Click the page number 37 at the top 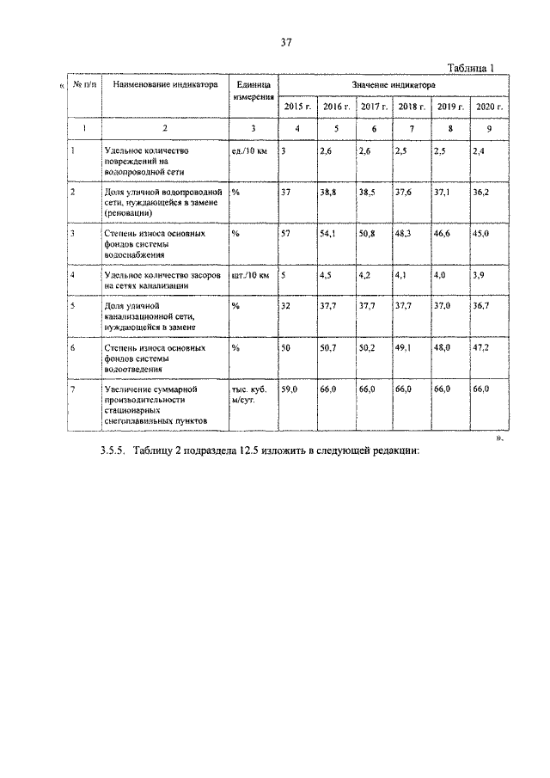(x=286, y=43)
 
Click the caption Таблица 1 (x=474, y=70)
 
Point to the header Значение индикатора (x=393, y=86)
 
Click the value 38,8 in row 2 (x=327, y=193)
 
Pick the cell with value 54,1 (x=327, y=233)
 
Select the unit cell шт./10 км (x=251, y=276)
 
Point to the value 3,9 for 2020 (x=479, y=276)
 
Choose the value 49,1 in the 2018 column (x=405, y=349)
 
